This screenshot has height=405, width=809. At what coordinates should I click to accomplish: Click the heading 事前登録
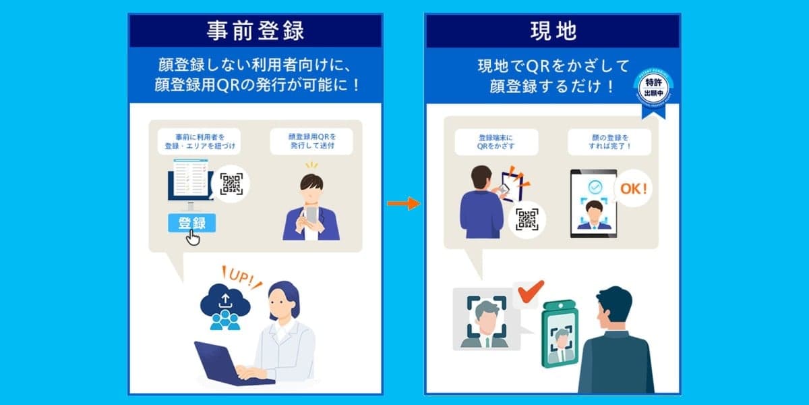pos(256,31)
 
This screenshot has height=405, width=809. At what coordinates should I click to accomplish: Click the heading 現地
pos(552,31)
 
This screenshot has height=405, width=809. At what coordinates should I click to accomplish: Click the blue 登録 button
pos(191,223)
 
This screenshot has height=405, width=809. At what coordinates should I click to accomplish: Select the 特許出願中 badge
pos(653,88)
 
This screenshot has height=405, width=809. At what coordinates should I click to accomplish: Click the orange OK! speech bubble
pos(633,189)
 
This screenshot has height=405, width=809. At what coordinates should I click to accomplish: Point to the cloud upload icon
pos(225,304)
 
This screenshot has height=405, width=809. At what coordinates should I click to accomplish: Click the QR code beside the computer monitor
pos(231,184)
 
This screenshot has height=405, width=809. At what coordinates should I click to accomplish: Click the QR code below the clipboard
pos(527,219)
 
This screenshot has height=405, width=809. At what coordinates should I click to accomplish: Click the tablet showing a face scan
pos(593,202)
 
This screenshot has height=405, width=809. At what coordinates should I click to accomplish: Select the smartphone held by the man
pos(311,215)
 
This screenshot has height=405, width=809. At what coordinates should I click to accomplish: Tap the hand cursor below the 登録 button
pos(193,238)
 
